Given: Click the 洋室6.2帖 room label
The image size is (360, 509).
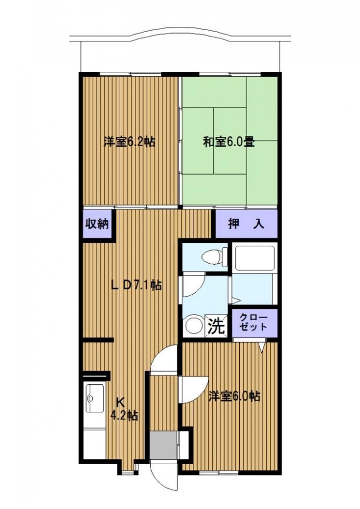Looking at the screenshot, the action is coord(129,142).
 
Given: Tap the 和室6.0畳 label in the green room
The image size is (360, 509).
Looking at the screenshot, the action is coord(229,142).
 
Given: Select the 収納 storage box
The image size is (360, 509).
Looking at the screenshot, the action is coord(97,224).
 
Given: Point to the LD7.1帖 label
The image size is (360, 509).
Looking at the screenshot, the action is coord(136,285).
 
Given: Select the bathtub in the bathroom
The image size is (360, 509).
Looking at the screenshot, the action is coord(255,258).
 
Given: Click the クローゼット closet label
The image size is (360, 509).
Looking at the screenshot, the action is coord(254,322).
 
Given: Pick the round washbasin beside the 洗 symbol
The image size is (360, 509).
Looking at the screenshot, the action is coord(193,326).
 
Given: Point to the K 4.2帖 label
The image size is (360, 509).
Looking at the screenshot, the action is coord(124,409).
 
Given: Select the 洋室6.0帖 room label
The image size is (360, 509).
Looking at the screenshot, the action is coord(234,397).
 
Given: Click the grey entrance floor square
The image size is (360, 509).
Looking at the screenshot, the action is coord(163,445).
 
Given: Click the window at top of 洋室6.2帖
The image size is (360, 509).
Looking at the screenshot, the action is coord(130,74).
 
